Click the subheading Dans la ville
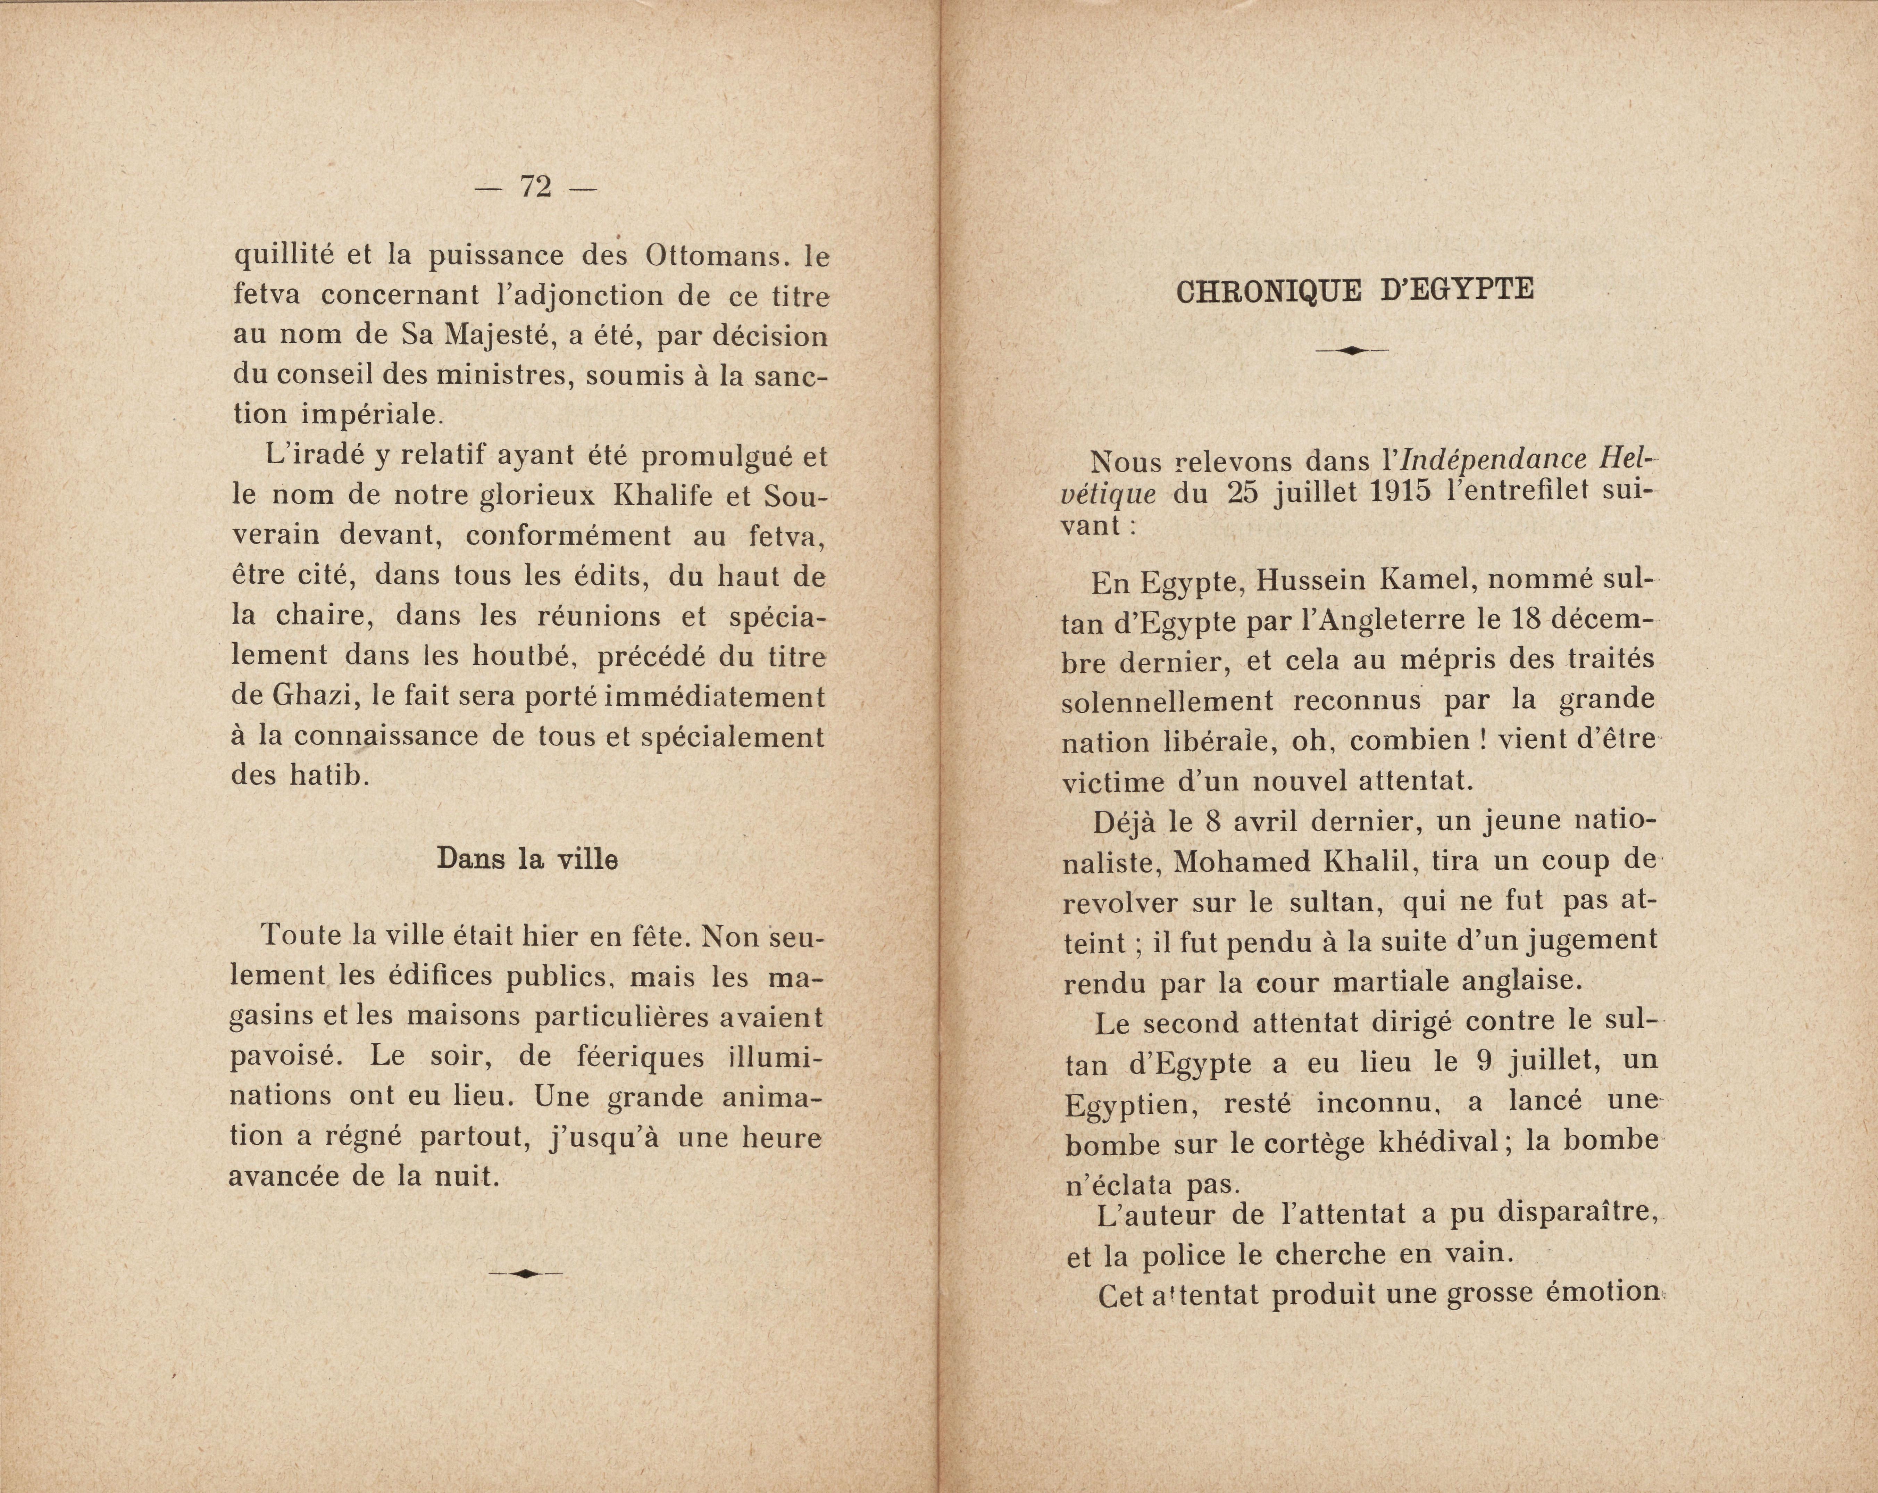(527, 859)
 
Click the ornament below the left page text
(526, 1274)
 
